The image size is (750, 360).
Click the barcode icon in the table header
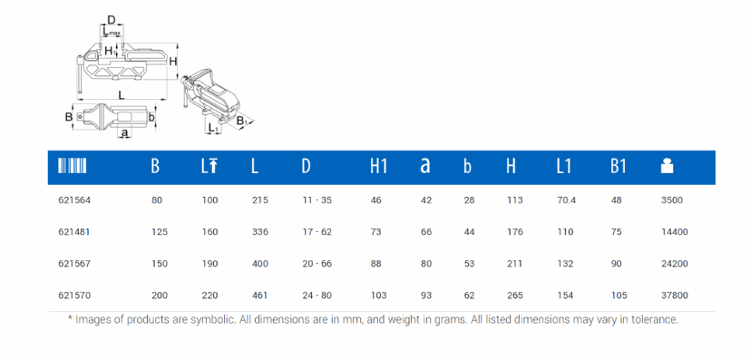(x=73, y=166)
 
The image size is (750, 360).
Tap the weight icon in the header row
(x=667, y=166)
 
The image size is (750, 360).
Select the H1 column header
(x=378, y=166)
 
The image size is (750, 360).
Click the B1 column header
(x=618, y=166)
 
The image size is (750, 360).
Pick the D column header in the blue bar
(x=307, y=166)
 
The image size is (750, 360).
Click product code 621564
(x=74, y=200)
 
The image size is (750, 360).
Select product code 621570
(x=74, y=296)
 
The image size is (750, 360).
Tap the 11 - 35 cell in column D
(x=317, y=200)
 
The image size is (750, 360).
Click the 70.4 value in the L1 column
(x=566, y=200)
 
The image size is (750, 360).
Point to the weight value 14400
(x=674, y=232)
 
